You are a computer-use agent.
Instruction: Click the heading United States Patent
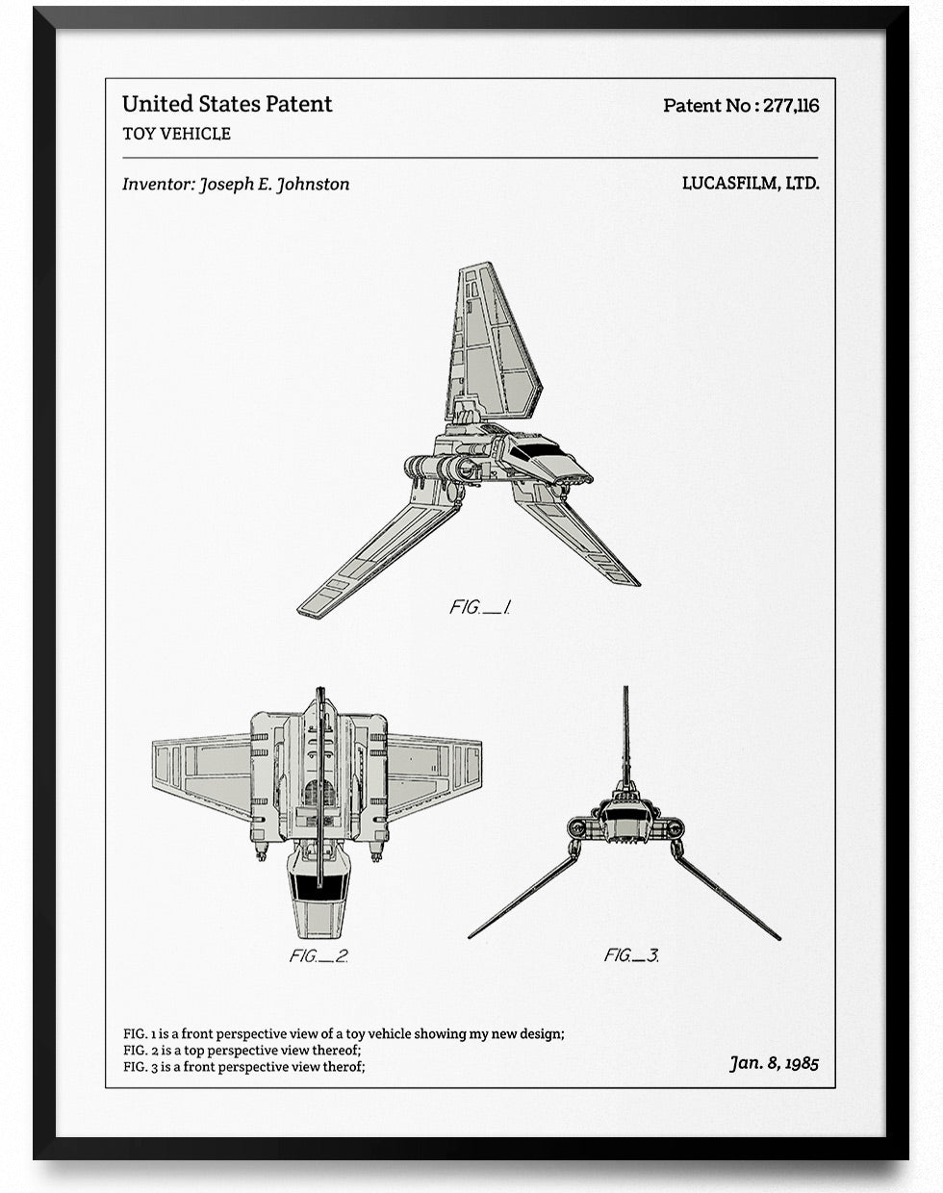[227, 104]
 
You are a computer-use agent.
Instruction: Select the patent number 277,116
[791, 105]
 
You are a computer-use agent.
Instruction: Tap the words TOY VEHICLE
[176, 134]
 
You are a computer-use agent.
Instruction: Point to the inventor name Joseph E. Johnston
[274, 184]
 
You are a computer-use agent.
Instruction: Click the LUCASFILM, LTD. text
[751, 183]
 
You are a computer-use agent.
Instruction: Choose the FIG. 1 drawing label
[479, 607]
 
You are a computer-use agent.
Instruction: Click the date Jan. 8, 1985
[774, 1063]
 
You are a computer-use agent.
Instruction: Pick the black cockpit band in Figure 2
[320, 888]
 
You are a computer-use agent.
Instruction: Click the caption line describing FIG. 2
[242, 1050]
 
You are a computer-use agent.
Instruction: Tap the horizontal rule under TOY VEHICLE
[471, 158]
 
